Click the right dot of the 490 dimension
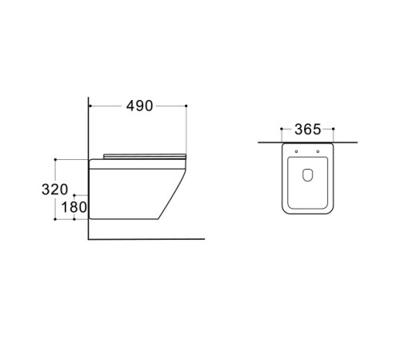(x=186, y=106)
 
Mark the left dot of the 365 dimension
(x=283, y=130)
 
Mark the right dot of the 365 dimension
(x=331, y=130)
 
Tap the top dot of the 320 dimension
(x=55, y=158)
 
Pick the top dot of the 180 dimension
(x=74, y=194)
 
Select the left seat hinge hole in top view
(x=296, y=151)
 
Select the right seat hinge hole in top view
(x=318, y=151)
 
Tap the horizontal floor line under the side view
(x=144, y=238)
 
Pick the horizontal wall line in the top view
(x=264, y=142)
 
